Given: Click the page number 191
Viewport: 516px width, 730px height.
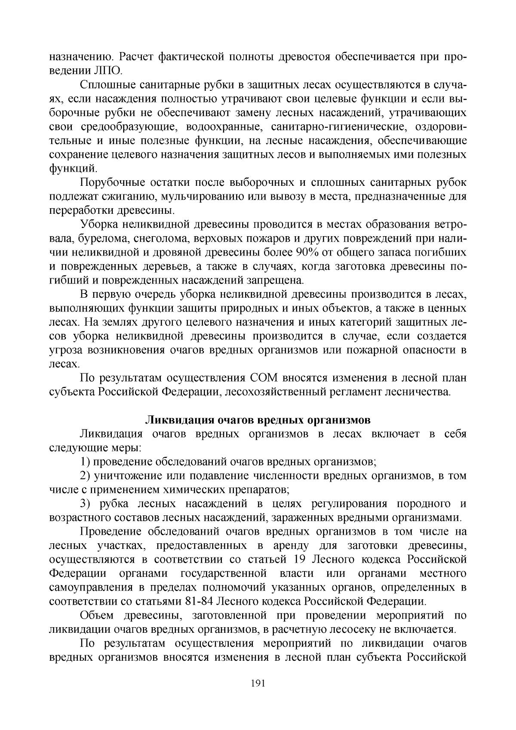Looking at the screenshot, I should click(x=258, y=683).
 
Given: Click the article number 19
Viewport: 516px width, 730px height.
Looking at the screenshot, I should click(x=293, y=560).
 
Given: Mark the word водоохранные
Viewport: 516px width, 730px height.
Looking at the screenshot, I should click(x=224, y=127).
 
